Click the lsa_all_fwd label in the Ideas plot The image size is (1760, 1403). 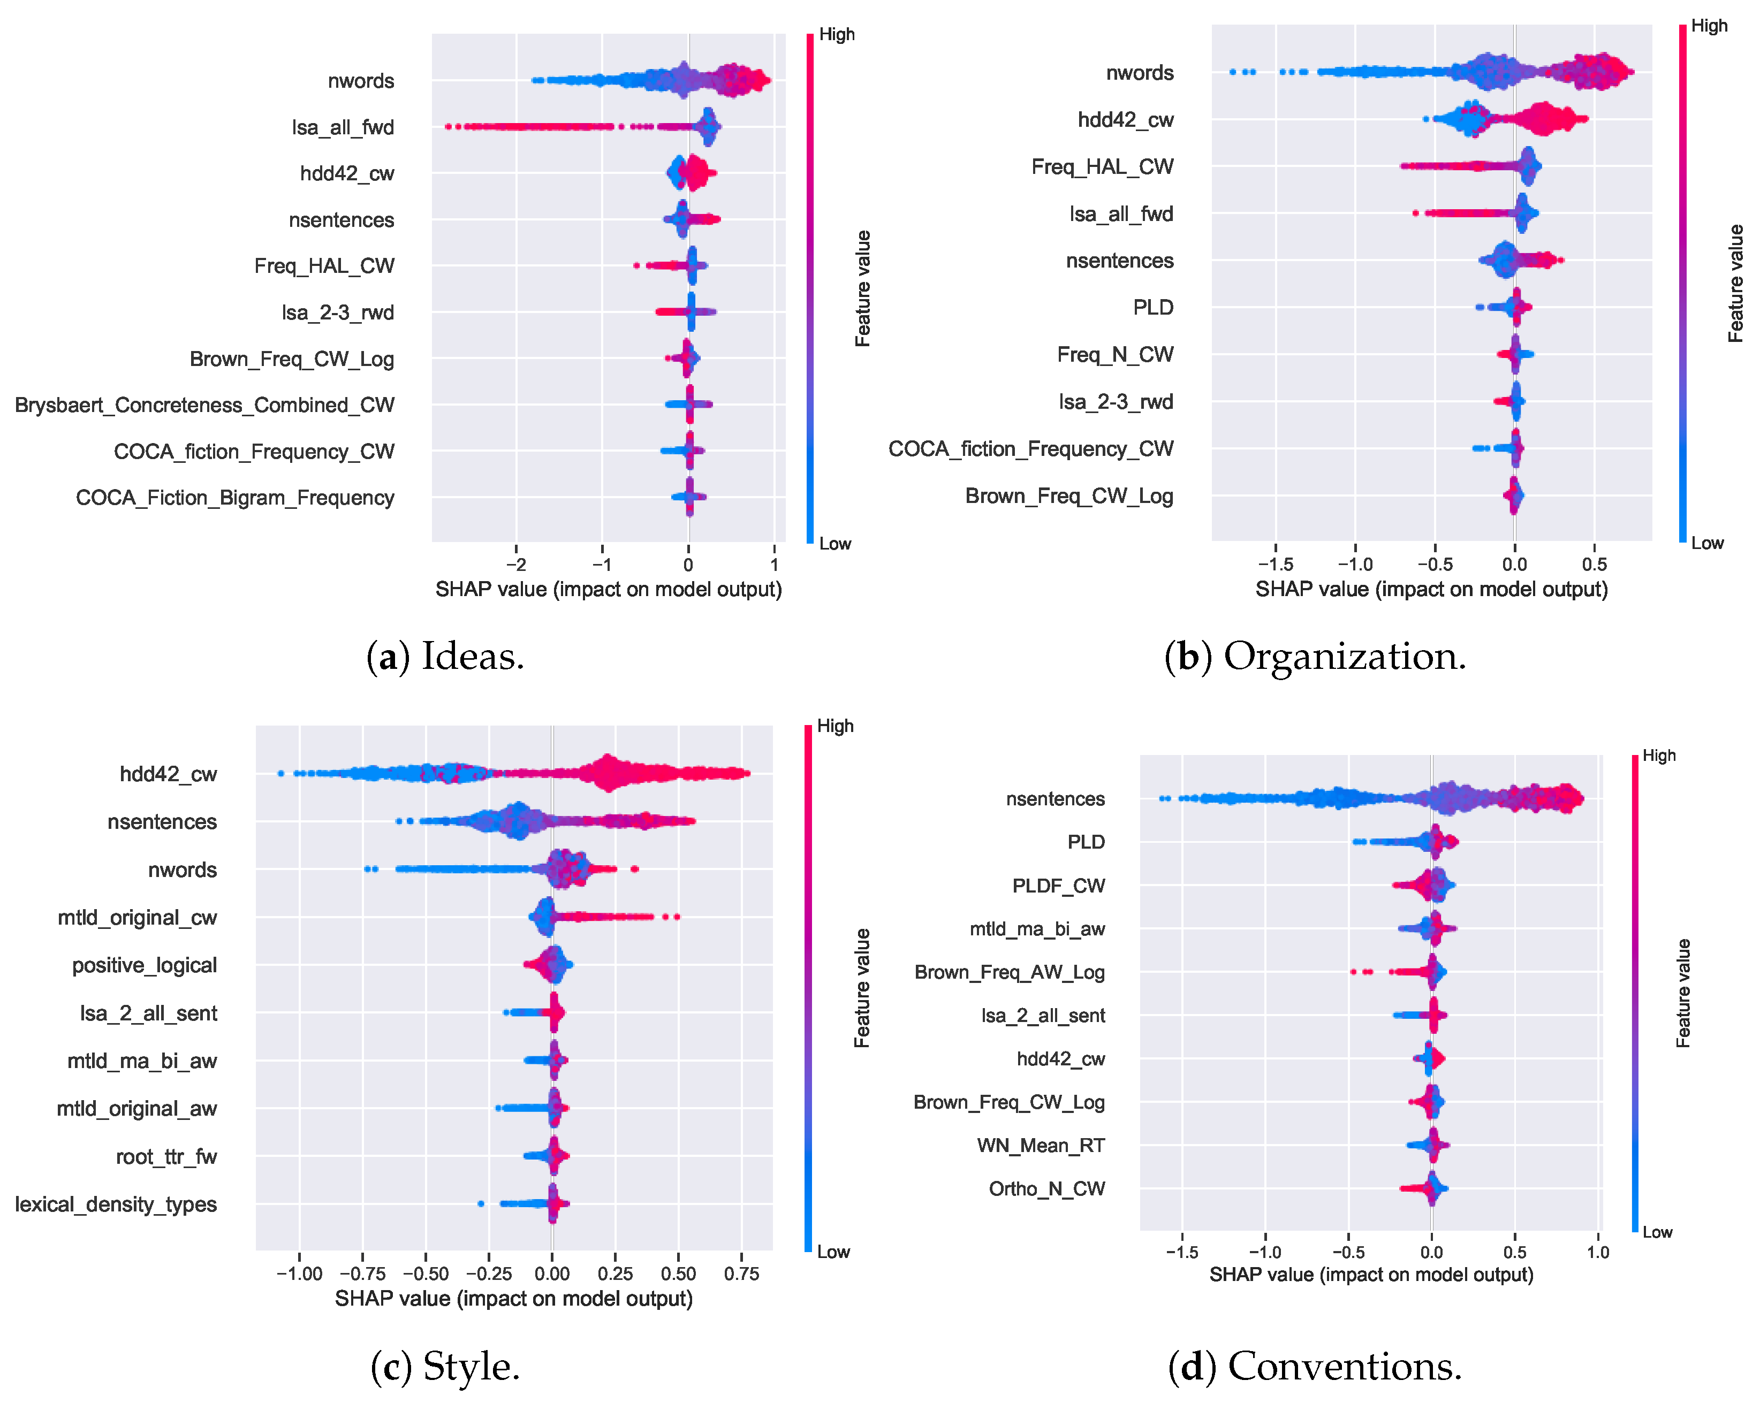point(343,127)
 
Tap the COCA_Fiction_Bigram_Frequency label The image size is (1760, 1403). point(234,498)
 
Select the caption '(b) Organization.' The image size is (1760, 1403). point(1315,656)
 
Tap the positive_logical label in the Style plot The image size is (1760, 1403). point(145,965)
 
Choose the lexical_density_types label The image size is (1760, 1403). point(116,1204)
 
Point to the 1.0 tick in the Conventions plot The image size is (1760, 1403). point(1598,1253)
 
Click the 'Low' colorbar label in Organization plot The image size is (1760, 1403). point(1707,544)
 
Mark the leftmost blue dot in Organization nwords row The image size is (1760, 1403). point(1233,72)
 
